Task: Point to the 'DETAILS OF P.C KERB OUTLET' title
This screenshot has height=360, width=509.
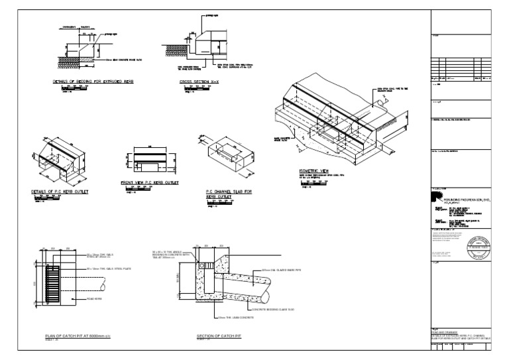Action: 60,192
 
